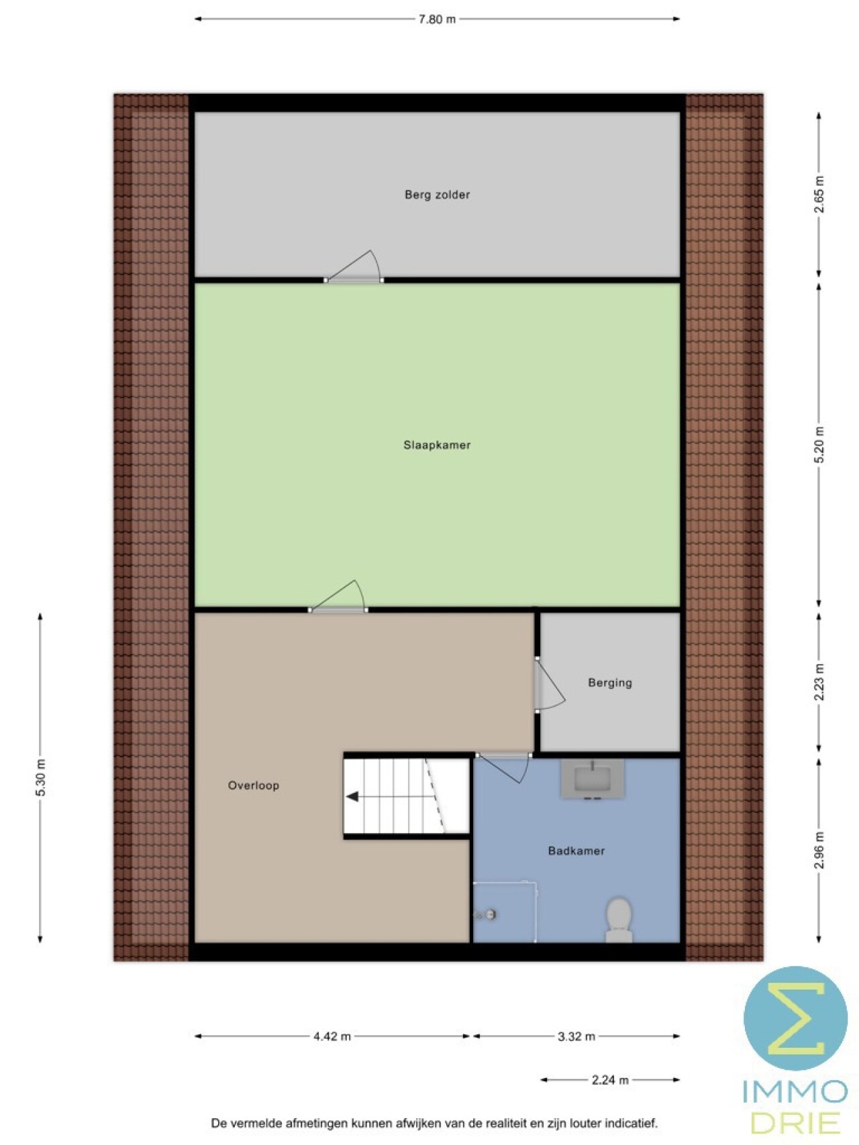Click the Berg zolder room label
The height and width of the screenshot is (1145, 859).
click(437, 195)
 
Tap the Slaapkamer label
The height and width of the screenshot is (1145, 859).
click(437, 445)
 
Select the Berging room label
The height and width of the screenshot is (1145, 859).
click(610, 683)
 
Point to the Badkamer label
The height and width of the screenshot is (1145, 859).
click(576, 851)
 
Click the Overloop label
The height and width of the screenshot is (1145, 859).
click(253, 785)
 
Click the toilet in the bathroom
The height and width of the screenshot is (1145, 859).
click(619, 920)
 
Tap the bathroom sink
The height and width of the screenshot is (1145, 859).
click(593, 779)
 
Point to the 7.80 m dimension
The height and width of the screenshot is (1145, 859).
click(437, 19)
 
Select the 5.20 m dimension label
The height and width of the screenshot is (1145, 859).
click(819, 444)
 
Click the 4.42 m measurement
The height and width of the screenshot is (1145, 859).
click(332, 1036)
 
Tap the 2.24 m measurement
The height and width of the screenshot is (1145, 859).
click(610, 1080)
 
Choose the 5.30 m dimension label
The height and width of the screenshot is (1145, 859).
click(40, 778)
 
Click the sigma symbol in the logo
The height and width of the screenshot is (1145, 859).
click(796, 1018)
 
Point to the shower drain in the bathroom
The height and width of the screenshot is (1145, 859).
click(491, 914)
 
